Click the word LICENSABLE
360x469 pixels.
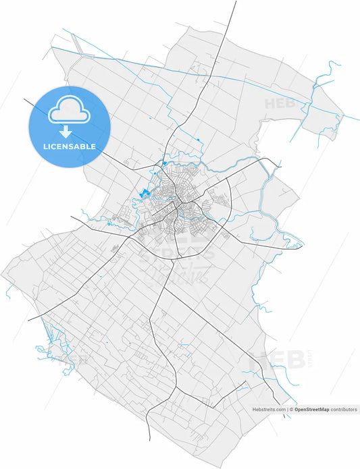click(x=68, y=146)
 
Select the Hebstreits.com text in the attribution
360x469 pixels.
click(x=269, y=410)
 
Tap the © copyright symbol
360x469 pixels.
click(x=291, y=410)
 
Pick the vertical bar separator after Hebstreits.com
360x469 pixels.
click(x=286, y=410)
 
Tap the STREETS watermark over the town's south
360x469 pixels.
click(x=177, y=254)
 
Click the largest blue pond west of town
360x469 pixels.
click(x=143, y=194)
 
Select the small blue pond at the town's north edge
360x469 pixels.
click(x=164, y=163)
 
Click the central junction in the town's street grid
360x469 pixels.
click(x=177, y=202)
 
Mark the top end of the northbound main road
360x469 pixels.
click(x=236, y=2)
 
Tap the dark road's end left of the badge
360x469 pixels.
click(x=25, y=100)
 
